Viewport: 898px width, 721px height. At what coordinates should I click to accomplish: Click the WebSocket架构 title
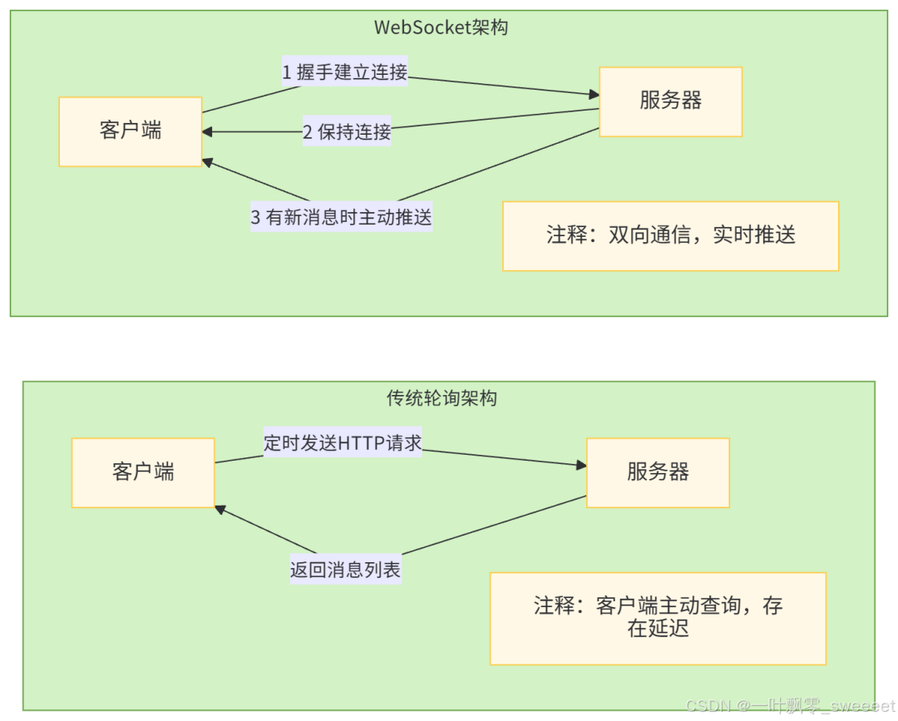(441, 27)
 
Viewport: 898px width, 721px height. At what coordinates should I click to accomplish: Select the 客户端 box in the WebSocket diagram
(131, 131)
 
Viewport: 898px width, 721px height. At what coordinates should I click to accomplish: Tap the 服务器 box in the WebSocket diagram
(670, 101)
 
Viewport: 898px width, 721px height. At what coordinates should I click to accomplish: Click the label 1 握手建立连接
(345, 72)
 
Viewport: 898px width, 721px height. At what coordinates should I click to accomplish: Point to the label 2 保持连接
(346, 131)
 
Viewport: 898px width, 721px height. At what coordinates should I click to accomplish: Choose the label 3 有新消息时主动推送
(342, 218)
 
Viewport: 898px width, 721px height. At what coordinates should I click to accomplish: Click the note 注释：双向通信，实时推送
(670, 235)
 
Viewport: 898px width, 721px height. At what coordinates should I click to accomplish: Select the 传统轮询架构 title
(442, 398)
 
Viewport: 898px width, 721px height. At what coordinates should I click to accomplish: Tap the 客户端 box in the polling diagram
(143, 472)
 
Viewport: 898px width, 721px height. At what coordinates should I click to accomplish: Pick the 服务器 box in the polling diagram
(658, 472)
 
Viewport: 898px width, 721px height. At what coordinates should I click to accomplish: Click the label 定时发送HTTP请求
(343, 442)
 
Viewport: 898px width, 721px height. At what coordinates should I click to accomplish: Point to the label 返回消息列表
(345, 570)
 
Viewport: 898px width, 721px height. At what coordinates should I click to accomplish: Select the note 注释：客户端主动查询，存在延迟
(658, 617)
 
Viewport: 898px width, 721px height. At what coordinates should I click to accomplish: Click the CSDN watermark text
(789, 705)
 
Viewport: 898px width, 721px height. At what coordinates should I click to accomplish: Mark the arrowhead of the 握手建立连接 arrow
(594, 95)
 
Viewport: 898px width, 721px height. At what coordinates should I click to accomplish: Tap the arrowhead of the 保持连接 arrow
(207, 132)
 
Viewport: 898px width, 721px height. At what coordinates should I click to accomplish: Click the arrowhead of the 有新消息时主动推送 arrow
(208, 161)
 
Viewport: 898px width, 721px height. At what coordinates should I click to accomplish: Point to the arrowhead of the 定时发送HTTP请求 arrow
(581, 466)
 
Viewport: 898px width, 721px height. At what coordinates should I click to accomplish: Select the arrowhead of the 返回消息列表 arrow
(220, 510)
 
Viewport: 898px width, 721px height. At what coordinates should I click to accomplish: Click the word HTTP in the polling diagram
(362, 442)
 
